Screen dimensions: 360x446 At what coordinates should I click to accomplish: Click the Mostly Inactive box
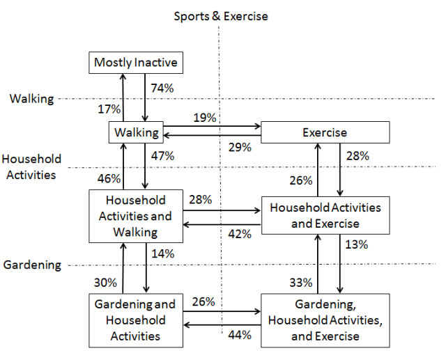point(136,63)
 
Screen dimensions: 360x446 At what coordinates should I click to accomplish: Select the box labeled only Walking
point(136,132)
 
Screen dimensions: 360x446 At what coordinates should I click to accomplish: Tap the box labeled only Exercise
point(325,132)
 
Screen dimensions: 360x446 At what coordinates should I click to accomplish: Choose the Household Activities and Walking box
point(135,216)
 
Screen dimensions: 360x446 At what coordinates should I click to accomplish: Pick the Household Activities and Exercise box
point(325,215)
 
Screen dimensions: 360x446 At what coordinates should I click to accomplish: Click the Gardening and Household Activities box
point(135,320)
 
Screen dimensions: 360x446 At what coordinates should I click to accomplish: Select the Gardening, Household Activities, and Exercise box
point(325,320)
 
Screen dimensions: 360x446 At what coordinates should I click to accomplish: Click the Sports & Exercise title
point(220,16)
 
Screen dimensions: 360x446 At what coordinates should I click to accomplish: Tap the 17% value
point(109,109)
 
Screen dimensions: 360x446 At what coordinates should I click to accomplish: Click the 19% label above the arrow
point(203,118)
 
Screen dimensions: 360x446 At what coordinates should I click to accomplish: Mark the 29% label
point(240,147)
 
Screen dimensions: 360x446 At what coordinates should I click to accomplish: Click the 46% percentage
point(109,178)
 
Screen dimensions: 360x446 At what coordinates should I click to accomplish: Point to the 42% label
point(240,234)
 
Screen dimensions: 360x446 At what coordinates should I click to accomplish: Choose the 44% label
point(240,336)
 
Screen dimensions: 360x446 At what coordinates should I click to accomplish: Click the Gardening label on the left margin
point(32,265)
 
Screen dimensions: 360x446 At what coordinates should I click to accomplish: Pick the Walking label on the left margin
point(31,99)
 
